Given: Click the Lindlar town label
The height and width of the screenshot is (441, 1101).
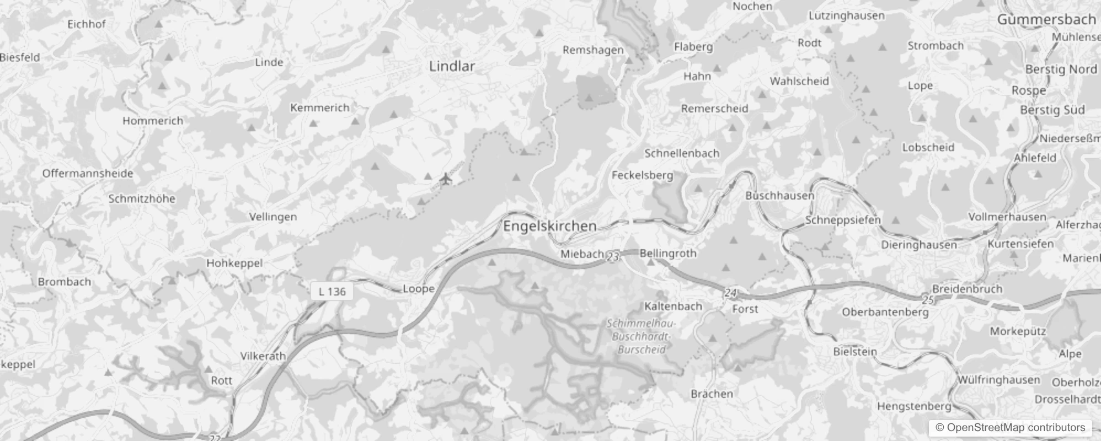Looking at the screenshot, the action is pyautogui.click(x=452, y=66).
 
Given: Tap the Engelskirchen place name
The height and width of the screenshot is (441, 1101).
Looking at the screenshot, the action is pyautogui.click(x=549, y=226).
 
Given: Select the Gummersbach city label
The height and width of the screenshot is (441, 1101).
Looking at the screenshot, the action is pyautogui.click(x=1046, y=20).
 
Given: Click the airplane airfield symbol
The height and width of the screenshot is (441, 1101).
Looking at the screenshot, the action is pyautogui.click(x=446, y=179).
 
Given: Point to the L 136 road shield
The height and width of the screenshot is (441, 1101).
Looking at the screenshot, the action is pyautogui.click(x=332, y=292).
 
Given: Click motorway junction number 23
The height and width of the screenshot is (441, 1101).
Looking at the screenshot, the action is pyautogui.click(x=613, y=256).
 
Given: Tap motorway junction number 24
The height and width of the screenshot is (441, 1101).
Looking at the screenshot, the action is pyautogui.click(x=730, y=293).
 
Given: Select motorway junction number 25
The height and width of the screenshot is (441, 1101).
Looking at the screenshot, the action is pyautogui.click(x=928, y=299).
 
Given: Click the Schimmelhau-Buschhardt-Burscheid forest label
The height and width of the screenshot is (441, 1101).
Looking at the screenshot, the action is pyautogui.click(x=640, y=336).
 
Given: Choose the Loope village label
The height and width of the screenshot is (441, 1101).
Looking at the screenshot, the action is pyautogui.click(x=419, y=289).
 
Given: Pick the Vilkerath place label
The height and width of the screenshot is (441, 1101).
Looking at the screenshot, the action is pyautogui.click(x=263, y=356).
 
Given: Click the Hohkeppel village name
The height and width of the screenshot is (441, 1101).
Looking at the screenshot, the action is pyautogui.click(x=234, y=263).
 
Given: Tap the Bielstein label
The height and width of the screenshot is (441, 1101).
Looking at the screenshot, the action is pyautogui.click(x=855, y=352).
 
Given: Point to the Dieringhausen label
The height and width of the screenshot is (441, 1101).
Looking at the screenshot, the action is pyautogui.click(x=919, y=245).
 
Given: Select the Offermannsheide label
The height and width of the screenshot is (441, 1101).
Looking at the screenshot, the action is pyautogui.click(x=88, y=174).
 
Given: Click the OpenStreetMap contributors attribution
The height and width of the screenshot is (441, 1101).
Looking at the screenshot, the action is pyautogui.click(x=1011, y=427).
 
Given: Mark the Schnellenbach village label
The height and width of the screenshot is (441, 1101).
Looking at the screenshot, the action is pyautogui.click(x=682, y=153).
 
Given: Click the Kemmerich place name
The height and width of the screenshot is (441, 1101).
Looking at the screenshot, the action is pyautogui.click(x=320, y=108).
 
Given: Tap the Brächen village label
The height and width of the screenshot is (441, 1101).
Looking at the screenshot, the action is pyautogui.click(x=712, y=394).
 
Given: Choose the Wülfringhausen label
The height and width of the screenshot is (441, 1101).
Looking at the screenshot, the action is pyautogui.click(x=998, y=380).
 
